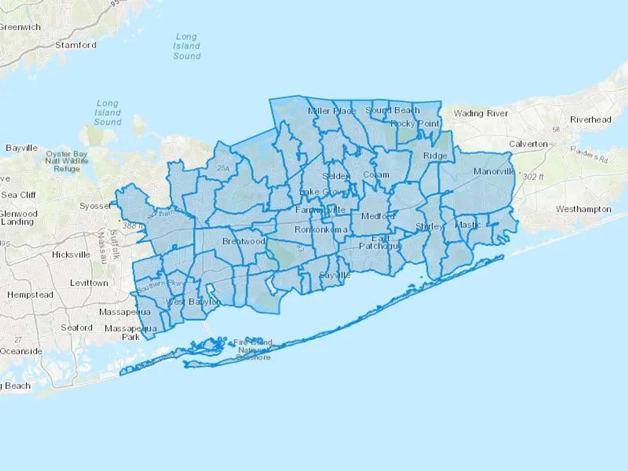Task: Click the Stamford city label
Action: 76,45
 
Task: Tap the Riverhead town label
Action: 590,120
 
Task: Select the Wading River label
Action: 480,113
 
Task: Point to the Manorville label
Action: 494,171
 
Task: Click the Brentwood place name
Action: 244,241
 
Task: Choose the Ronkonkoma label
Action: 321,230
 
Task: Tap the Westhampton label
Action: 583,209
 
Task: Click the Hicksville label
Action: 71,255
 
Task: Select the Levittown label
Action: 89,283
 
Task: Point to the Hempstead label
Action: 30,295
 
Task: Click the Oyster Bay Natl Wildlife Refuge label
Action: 67,161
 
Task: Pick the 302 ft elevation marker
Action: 532,177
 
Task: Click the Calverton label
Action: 528,144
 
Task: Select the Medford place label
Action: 378,216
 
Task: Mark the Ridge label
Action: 435,156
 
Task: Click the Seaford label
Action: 76,328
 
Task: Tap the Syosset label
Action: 95,206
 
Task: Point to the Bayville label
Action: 22,148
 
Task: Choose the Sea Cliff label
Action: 18,195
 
